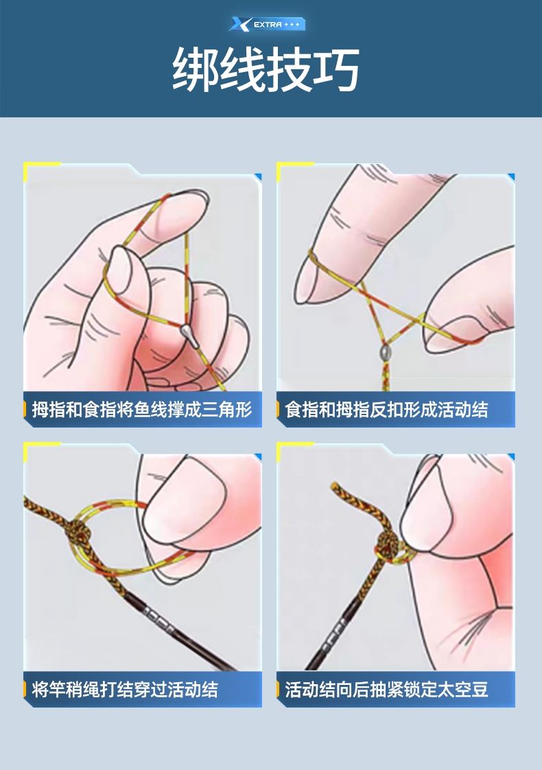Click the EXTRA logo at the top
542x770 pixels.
click(267, 24)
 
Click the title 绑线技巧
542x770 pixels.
click(266, 70)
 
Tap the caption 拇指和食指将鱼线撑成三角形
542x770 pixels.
click(142, 409)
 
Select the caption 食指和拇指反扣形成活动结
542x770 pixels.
click(386, 409)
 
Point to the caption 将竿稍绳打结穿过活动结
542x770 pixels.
click(125, 689)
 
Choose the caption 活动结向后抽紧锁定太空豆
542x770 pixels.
click(386, 689)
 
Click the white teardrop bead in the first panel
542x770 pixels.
click(189, 336)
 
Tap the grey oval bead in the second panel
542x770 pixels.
click(385, 352)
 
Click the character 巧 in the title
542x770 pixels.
click(337, 70)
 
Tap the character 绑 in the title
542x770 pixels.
click(195, 70)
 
